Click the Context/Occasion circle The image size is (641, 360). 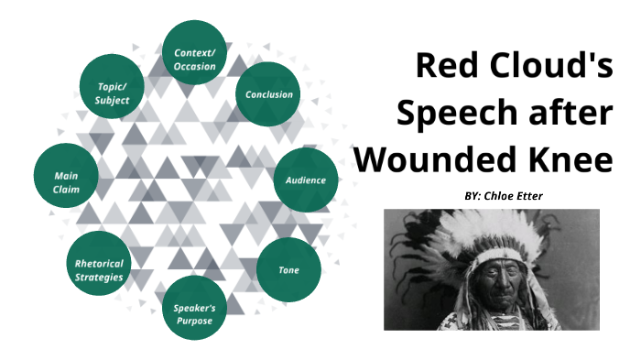click(195, 53)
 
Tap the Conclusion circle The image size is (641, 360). click(268, 94)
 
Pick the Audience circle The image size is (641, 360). click(305, 180)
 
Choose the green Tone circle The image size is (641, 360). click(288, 270)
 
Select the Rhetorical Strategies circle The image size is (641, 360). click(99, 270)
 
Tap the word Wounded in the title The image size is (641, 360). click(435, 160)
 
